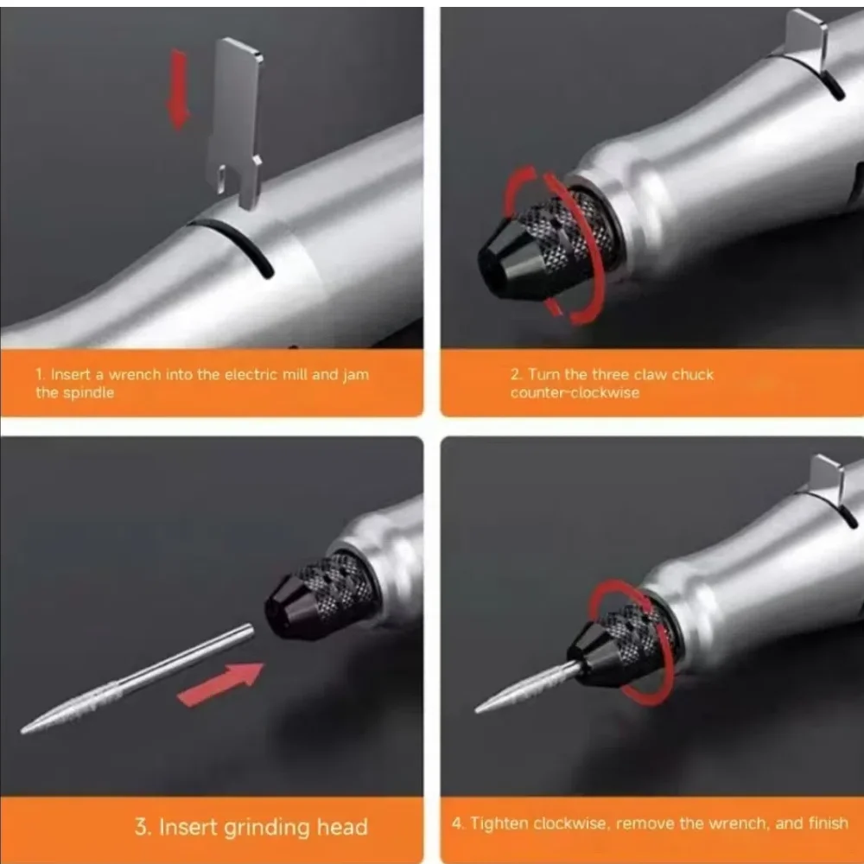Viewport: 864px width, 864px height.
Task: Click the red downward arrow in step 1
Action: [178, 89]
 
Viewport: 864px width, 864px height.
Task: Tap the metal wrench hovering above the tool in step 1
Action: [235, 121]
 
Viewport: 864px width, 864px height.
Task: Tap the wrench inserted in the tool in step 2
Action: [807, 40]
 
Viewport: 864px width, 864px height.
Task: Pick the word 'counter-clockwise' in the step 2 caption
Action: [575, 393]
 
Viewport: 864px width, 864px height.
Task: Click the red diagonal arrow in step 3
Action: [220, 683]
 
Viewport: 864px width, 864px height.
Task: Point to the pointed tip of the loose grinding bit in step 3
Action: [22, 731]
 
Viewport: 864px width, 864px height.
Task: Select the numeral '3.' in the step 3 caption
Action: [143, 827]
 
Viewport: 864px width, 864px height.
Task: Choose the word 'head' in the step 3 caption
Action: [342, 827]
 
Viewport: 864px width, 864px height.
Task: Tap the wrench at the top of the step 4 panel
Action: [827, 479]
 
